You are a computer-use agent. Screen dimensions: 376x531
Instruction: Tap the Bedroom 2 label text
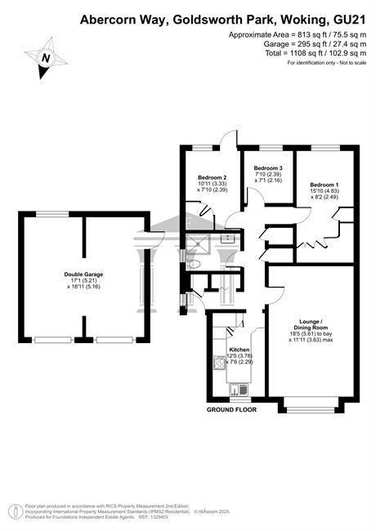pyautogui.click(x=212, y=177)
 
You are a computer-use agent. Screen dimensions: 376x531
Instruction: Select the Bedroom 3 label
pyautogui.click(x=268, y=168)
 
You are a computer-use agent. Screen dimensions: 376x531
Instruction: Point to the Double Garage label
pyautogui.click(x=83, y=274)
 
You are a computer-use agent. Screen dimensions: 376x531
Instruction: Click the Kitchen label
pyautogui.click(x=239, y=350)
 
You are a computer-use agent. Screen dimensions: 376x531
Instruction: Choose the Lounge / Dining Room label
pyautogui.click(x=309, y=324)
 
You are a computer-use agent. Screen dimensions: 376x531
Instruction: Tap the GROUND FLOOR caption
pyautogui.click(x=231, y=410)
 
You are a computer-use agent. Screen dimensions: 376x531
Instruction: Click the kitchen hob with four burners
pyautogui.click(x=220, y=363)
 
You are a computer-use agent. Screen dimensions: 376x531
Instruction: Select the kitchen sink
pyautogui.click(x=239, y=390)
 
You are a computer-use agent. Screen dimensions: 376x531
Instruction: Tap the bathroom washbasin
pyautogui.click(x=227, y=239)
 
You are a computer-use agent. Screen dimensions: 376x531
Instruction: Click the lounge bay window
pyautogui.click(x=311, y=410)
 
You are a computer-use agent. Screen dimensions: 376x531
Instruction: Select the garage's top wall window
pyautogui.click(x=52, y=214)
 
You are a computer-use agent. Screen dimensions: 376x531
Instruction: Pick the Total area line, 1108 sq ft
pyautogui.click(x=316, y=53)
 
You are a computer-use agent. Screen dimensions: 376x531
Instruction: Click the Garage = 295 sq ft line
pyautogui.click(x=315, y=44)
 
